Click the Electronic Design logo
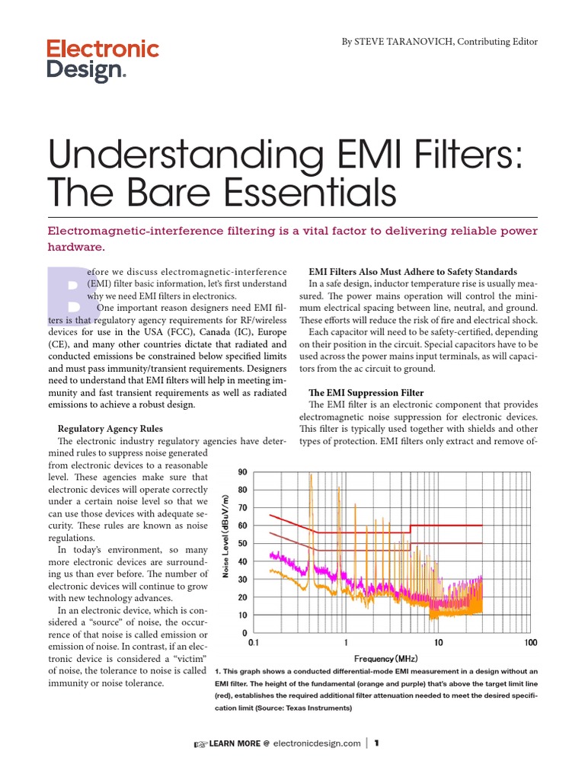(x=103, y=61)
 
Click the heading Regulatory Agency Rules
(x=121, y=429)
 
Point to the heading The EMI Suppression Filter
(x=366, y=392)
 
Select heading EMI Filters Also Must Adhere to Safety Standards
(x=412, y=271)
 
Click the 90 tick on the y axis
(x=243, y=472)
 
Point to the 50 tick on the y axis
(x=243, y=544)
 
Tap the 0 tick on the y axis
(x=245, y=633)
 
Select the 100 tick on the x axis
(x=531, y=643)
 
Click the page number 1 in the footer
(x=376, y=743)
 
